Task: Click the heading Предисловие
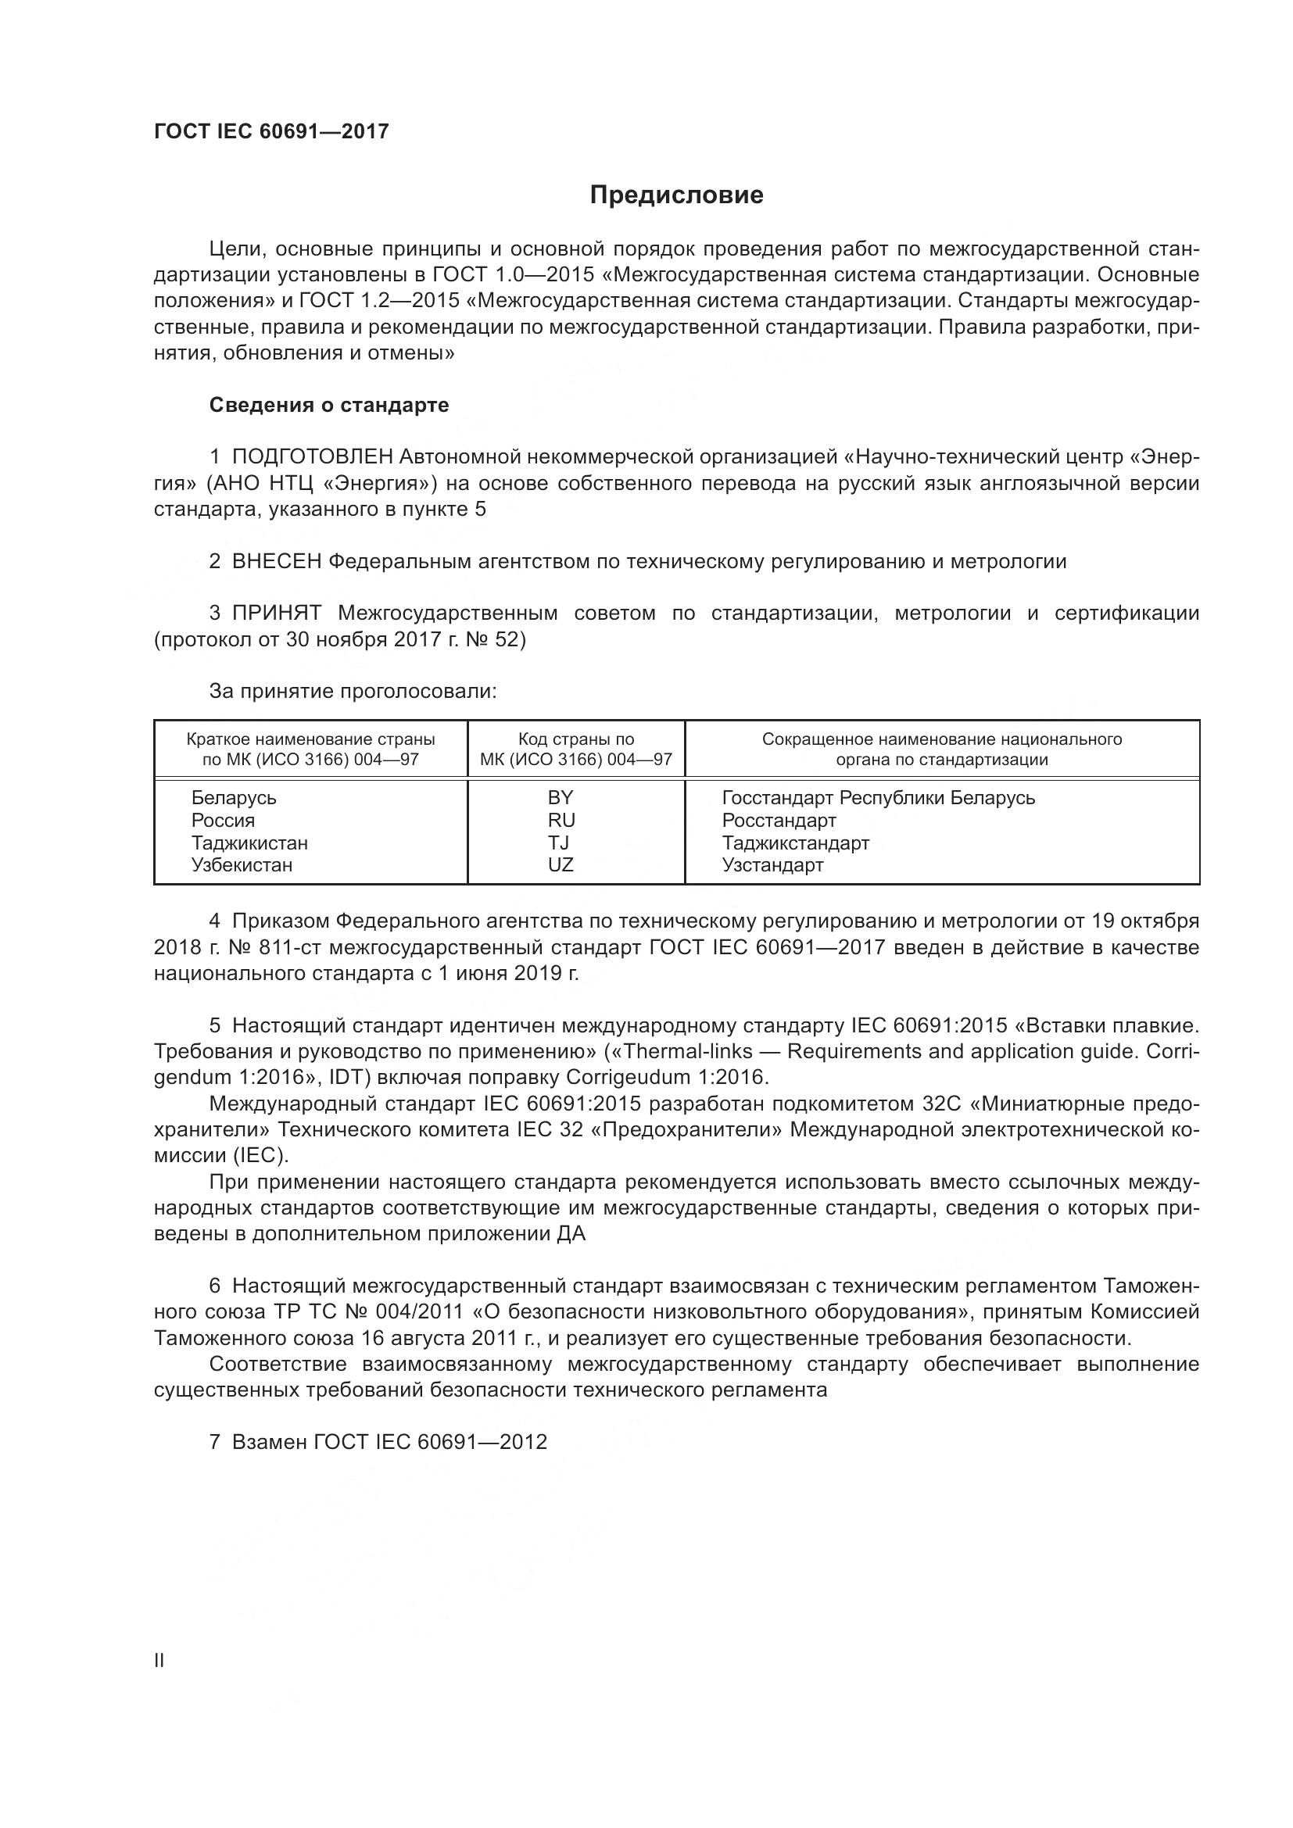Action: [x=676, y=195]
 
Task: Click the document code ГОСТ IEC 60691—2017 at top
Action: [x=270, y=132]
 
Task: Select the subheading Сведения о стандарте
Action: [x=329, y=406]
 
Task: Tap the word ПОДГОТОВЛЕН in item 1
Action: [x=312, y=457]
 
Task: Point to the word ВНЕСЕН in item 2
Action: [x=276, y=561]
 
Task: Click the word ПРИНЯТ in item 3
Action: [x=276, y=613]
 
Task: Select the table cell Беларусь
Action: [x=233, y=798]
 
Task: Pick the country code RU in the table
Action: [x=561, y=820]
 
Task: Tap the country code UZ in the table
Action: [x=561, y=864]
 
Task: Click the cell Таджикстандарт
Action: [x=794, y=842]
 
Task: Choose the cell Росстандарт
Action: [x=779, y=820]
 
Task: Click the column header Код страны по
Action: [x=575, y=739]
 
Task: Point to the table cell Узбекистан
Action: [x=242, y=864]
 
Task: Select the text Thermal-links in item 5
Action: [x=689, y=1052]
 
